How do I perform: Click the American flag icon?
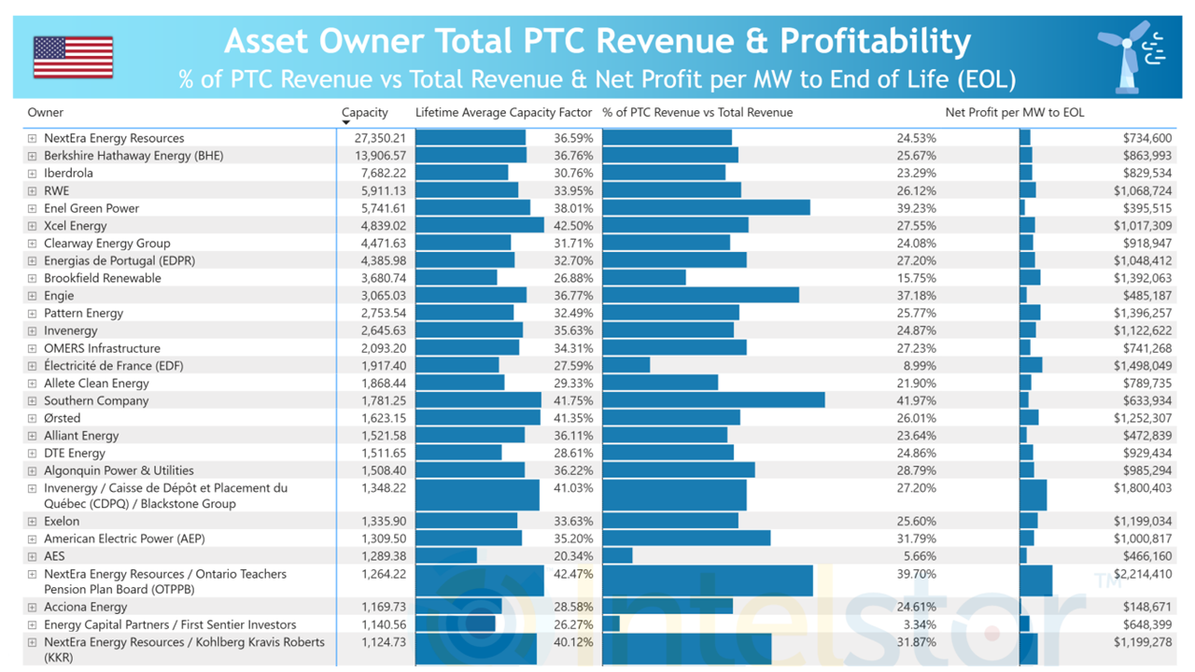(x=73, y=57)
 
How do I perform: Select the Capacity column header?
(x=365, y=113)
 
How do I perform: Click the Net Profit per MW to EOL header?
(x=1015, y=113)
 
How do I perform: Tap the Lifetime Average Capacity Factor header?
(x=504, y=113)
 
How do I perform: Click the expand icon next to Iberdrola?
(x=32, y=174)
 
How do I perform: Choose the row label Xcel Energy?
(x=76, y=226)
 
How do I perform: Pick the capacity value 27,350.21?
(x=373, y=138)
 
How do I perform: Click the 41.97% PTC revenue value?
(x=916, y=400)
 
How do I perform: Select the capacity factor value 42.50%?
(x=573, y=226)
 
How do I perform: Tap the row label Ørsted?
(x=63, y=418)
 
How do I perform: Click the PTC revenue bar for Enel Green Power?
(x=706, y=208)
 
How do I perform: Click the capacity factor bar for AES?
(x=446, y=555)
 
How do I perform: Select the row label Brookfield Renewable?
(x=103, y=278)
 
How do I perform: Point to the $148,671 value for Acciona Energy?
(x=1145, y=608)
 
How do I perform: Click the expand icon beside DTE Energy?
(x=32, y=454)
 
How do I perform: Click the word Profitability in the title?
(x=875, y=41)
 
